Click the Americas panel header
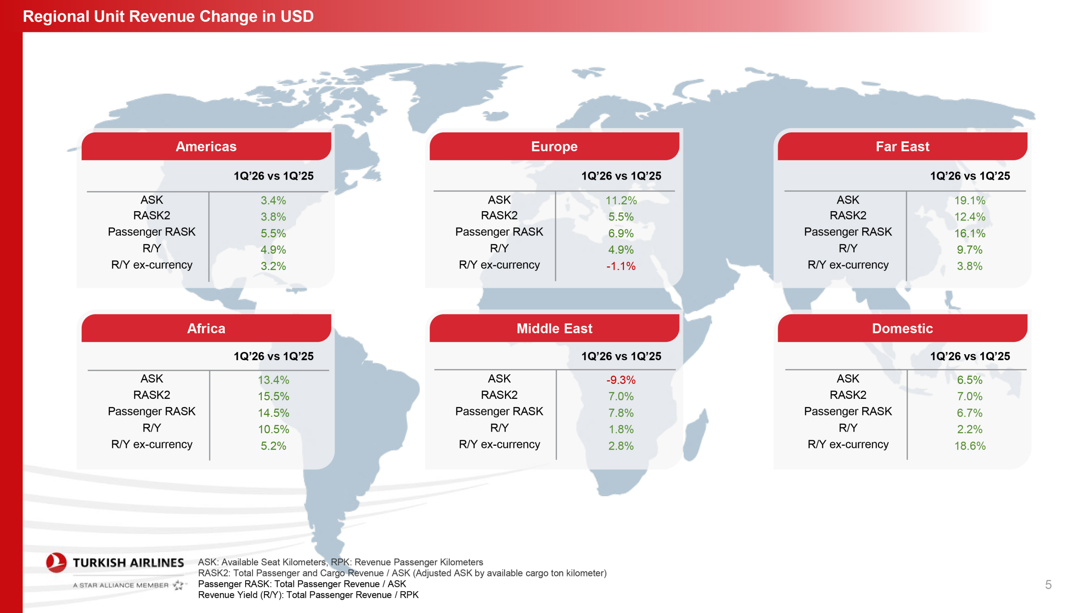pos(206,146)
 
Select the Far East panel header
pos(902,146)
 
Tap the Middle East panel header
pos(554,328)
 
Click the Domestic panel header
pos(902,328)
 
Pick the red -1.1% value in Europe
pos(621,266)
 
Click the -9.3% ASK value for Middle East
pos(621,380)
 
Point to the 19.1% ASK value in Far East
pos(970,200)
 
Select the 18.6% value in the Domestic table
pos(970,446)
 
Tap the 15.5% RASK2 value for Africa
pos(273,396)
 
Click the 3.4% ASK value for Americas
pos(273,200)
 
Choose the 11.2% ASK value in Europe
pos(621,200)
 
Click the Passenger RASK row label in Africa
pos(152,411)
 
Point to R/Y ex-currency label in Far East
pos(848,265)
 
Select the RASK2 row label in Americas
pos(152,215)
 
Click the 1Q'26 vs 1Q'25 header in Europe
pos(621,176)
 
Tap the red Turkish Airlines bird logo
pos(56,562)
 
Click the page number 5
pos(1048,584)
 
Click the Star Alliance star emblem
pos(179,585)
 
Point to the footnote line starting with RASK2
pos(402,573)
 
